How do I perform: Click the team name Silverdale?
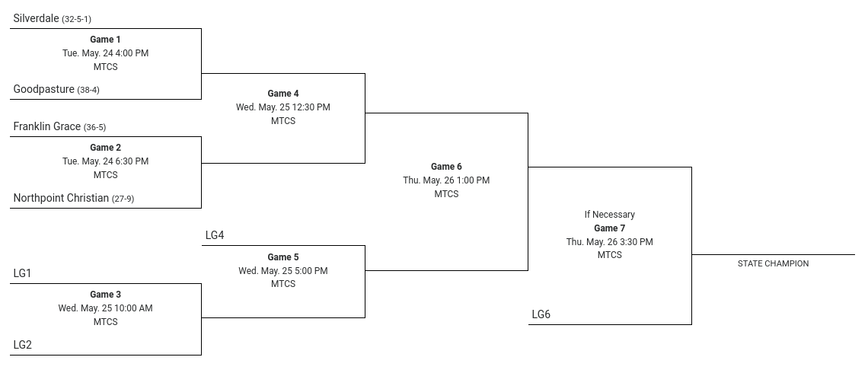pos(36,18)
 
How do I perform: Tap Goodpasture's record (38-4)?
pos(88,90)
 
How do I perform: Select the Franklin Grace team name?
pos(47,126)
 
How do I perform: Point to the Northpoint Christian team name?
pos(61,197)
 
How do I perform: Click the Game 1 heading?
pos(105,40)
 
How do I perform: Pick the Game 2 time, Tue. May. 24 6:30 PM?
pos(105,161)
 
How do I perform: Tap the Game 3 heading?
pos(105,295)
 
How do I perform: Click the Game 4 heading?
pos(283,94)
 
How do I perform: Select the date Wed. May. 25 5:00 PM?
pos(283,270)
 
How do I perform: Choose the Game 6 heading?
pos(446,167)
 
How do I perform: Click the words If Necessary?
pos(609,214)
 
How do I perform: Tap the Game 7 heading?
pos(609,228)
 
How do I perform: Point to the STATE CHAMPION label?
pos(773,263)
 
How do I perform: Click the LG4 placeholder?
pos(215,235)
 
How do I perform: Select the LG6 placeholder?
pos(541,314)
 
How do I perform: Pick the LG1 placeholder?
pos(23,273)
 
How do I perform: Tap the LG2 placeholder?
pos(23,345)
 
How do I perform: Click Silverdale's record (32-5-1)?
pos(76,19)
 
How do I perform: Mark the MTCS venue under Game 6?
pos(446,193)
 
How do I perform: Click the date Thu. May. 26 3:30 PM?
pos(609,242)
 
